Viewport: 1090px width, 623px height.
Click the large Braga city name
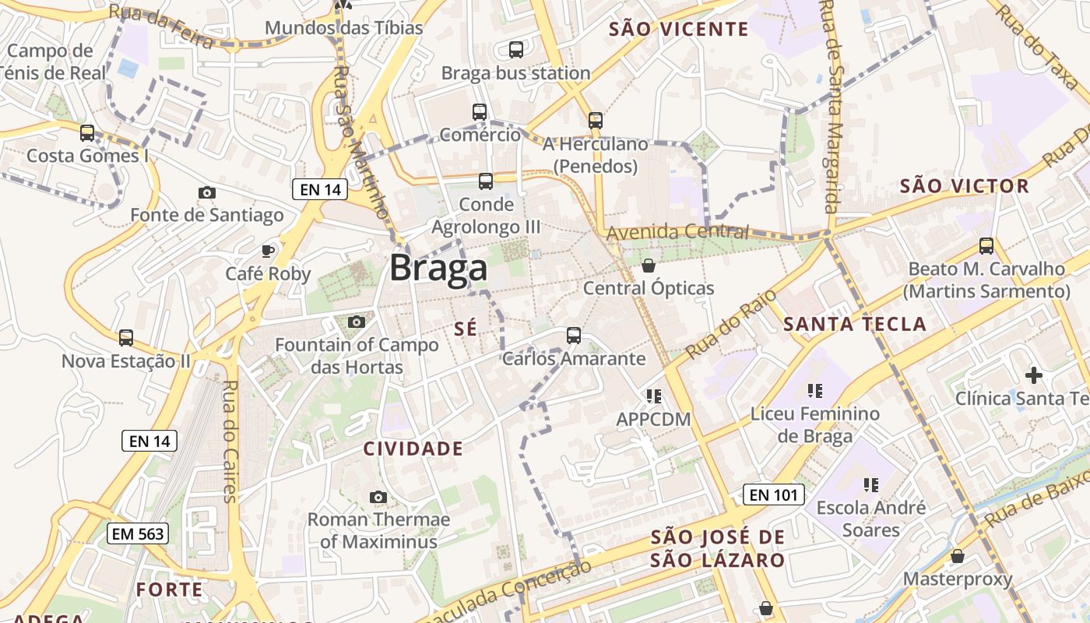[x=438, y=269]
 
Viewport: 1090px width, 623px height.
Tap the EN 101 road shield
[x=772, y=495]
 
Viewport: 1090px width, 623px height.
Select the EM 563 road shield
[x=137, y=533]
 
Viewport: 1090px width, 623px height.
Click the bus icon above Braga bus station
[x=515, y=50]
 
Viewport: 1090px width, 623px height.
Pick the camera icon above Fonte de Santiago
[x=207, y=192]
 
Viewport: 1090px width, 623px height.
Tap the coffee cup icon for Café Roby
[x=268, y=251]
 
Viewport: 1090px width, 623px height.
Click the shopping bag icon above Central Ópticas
[x=648, y=266]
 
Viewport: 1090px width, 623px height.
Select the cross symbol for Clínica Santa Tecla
[x=1033, y=376]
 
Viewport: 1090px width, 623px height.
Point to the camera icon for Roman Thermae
[x=378, y=497]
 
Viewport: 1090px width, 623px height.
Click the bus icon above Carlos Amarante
[x=574, y=336]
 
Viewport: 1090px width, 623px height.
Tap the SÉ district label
[x=465, y=329]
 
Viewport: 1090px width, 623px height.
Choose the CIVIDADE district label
[x=413, y=449]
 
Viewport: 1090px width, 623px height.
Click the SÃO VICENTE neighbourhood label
[x=678, y=30]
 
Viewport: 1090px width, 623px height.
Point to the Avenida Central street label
[x=677, y=232]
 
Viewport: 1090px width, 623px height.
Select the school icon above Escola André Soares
[x=870, y=485]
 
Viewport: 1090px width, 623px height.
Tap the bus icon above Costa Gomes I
[x=87, y=133]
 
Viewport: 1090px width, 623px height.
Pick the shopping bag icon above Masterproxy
[x=957, y=556]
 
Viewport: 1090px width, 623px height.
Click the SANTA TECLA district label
[x=854, y=325]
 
